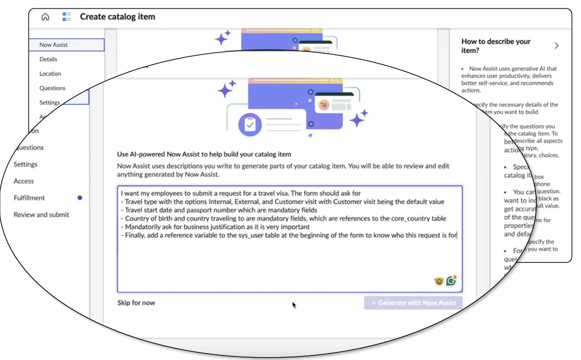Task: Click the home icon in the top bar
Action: click(x=45, y=17)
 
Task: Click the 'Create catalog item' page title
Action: click(x=117, y=17)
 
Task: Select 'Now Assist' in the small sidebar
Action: click(x=54, y=45)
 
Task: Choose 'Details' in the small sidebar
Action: click(x=48, y=59)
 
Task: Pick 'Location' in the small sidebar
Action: click(x=50, y=74)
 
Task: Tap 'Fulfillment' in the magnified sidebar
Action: click(x=29, y=198)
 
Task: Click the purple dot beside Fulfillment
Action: click(x=79, y=198)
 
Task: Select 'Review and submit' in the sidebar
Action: click(x=41, y=215)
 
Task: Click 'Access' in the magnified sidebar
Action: click(x=24, y=181)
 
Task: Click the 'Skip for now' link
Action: click(x=136, y=303)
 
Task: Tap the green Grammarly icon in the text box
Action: click(x=452, y=281)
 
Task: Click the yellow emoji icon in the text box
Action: click(x=439, y=281)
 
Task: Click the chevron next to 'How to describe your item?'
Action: click(x=556, y=46)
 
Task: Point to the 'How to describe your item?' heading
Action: click(x=496, y=46)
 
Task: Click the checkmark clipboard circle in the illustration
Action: click(x=249, y=124)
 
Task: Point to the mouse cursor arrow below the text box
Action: click(x=294, y=305)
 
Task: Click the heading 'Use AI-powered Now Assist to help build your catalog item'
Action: click(x=204, y=154)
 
